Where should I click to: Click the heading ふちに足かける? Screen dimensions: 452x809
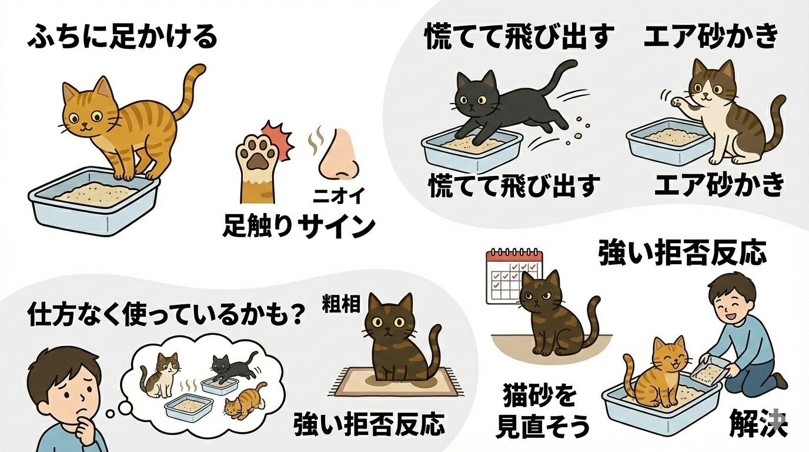122,38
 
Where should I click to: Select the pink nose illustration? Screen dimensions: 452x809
338,154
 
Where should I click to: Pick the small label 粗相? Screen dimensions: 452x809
339,305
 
